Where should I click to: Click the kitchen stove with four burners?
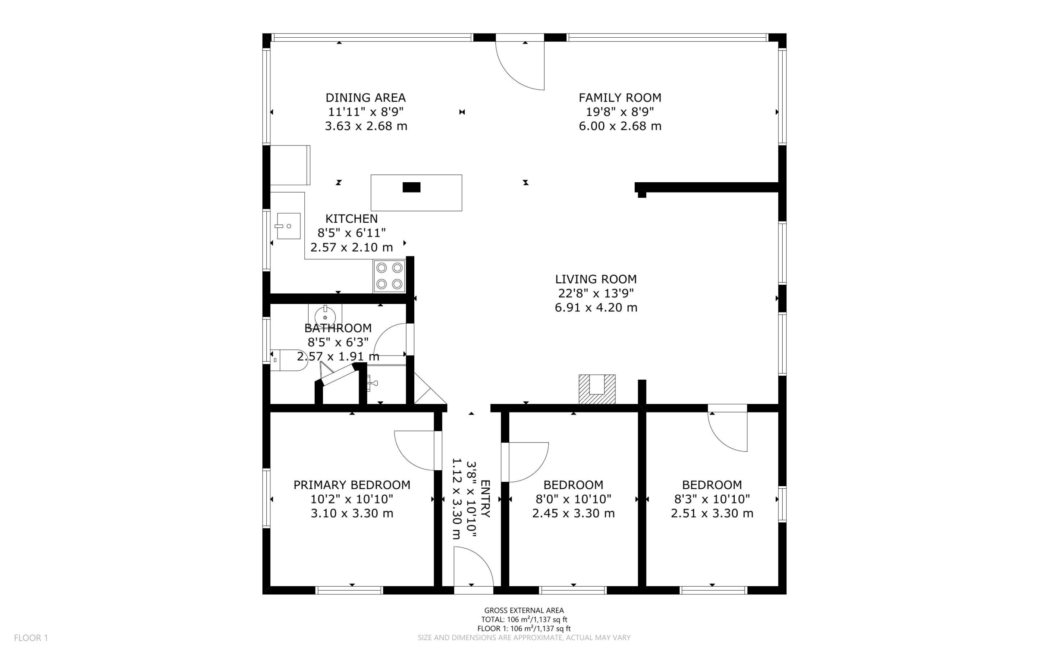(389, 276)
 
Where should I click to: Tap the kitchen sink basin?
(288, 226)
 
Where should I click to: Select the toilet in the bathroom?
(288, 360)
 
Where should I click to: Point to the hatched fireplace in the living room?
(597, 389)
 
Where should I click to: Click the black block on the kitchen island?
(411, 187)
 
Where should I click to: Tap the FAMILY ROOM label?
(620, 98)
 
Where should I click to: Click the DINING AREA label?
(366, 98)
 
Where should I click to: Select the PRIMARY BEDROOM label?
(352, 485)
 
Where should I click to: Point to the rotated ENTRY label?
(485, 499)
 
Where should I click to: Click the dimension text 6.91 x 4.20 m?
(596, 308)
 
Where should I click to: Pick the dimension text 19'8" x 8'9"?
(620, 112)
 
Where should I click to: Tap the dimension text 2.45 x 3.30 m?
(573, 513)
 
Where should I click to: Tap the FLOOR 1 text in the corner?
(31, 638)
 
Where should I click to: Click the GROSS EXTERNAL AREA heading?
(524, 611)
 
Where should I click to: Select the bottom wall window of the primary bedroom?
(349, 590)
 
